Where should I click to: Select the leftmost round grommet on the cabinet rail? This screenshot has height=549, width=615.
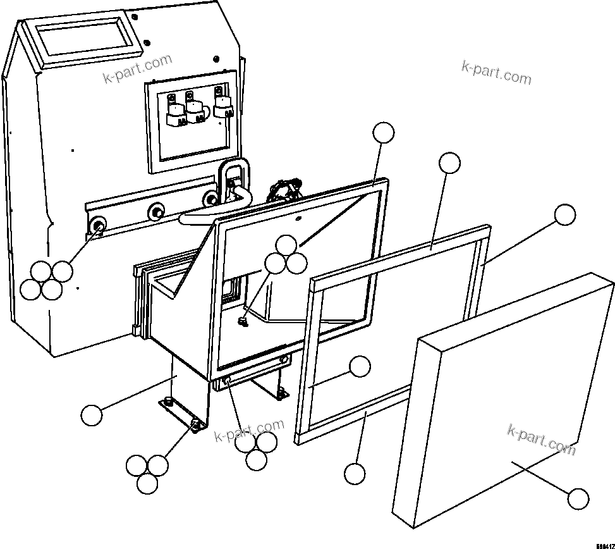click(x=98, y=226)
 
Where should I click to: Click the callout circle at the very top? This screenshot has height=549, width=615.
click(x=383, y=133)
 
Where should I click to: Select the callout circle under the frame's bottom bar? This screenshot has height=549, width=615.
click(x=355, y=473)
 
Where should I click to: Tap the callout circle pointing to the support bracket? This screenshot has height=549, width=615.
click(x=92, y=415)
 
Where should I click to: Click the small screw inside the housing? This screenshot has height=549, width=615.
click(x=242, y=322)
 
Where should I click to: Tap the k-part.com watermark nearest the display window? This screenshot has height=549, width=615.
click(x=137, y=68)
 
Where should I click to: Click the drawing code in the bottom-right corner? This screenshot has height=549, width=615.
click(x=604, y=543)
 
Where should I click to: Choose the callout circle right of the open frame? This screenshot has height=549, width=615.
click(x=565, y=215)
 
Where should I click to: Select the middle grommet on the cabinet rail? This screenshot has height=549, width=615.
click(x=155, y=211)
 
